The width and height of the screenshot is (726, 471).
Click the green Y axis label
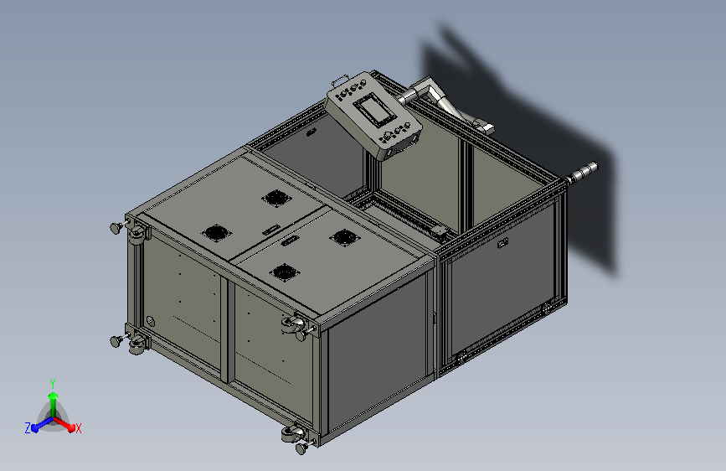click(53, 383)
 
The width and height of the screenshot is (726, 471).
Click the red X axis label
click(78, 429)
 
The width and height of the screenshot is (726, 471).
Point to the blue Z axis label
click(28, 428)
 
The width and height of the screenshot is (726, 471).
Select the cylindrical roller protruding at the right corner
click(581, 173)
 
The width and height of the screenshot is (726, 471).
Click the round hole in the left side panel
click(150, 321)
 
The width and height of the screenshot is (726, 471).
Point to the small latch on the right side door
click(502, 243)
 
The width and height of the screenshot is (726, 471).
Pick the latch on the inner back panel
click(311, 132)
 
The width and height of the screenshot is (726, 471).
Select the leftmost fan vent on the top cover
click(215, 233)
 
